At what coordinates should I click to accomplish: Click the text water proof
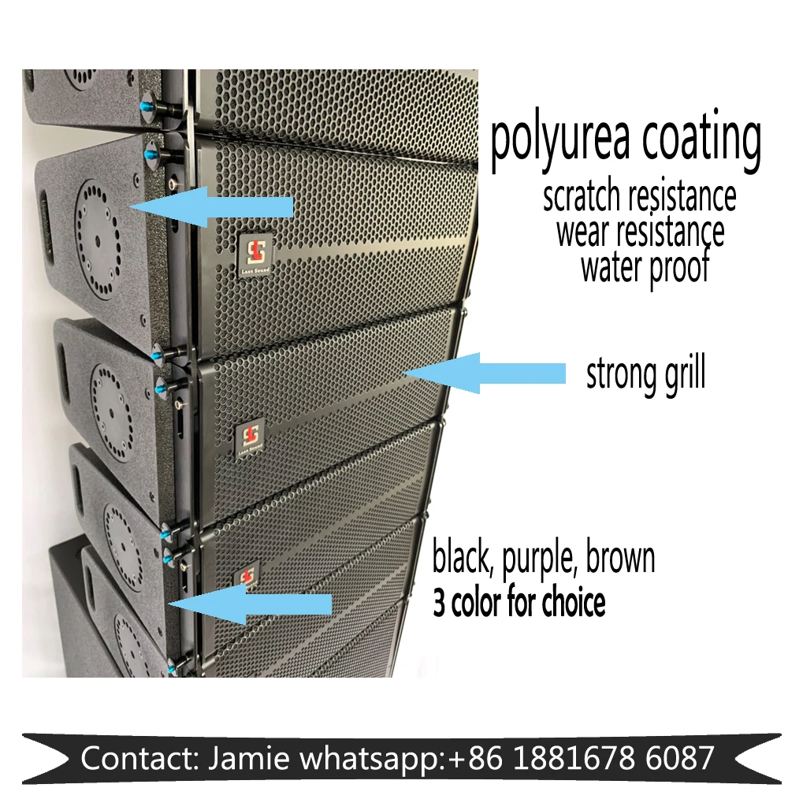tap(645, 268)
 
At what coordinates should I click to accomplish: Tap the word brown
tap(623, 558)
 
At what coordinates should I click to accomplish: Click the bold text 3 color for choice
tap(519, 603)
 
